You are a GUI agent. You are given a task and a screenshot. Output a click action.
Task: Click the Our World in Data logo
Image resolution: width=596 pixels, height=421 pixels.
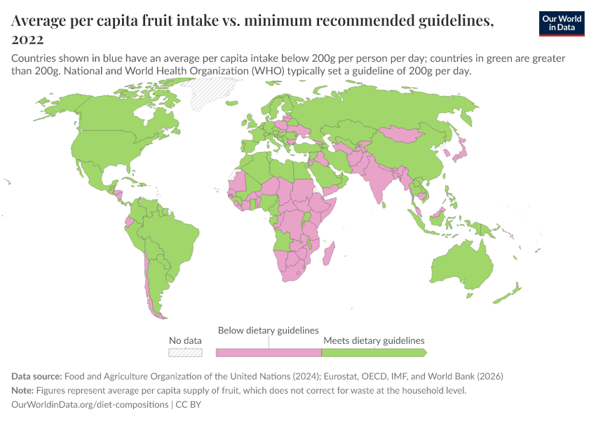pos(562,23)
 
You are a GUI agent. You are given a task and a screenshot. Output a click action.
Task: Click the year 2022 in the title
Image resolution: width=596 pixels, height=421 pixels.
pos(28,39)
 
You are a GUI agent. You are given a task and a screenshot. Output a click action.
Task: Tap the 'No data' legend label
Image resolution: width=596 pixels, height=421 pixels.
pos(185,340)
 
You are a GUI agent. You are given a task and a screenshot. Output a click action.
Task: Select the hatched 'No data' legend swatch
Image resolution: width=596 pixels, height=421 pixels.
pos(185,352)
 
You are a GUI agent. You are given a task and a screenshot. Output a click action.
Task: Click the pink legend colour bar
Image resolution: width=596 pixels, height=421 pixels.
pos(269,352)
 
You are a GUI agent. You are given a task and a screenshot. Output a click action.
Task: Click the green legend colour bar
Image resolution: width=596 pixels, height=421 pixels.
pos(373,352)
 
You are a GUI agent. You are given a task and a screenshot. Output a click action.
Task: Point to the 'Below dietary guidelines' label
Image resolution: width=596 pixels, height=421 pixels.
pos(269,330)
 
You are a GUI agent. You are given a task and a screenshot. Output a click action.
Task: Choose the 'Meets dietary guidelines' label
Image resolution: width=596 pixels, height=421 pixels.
pos(374,340)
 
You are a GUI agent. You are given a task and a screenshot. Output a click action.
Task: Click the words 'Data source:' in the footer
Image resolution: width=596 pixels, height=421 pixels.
pos(38,376)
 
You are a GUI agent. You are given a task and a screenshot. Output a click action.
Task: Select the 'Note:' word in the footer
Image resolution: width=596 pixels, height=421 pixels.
pos(25,390)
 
